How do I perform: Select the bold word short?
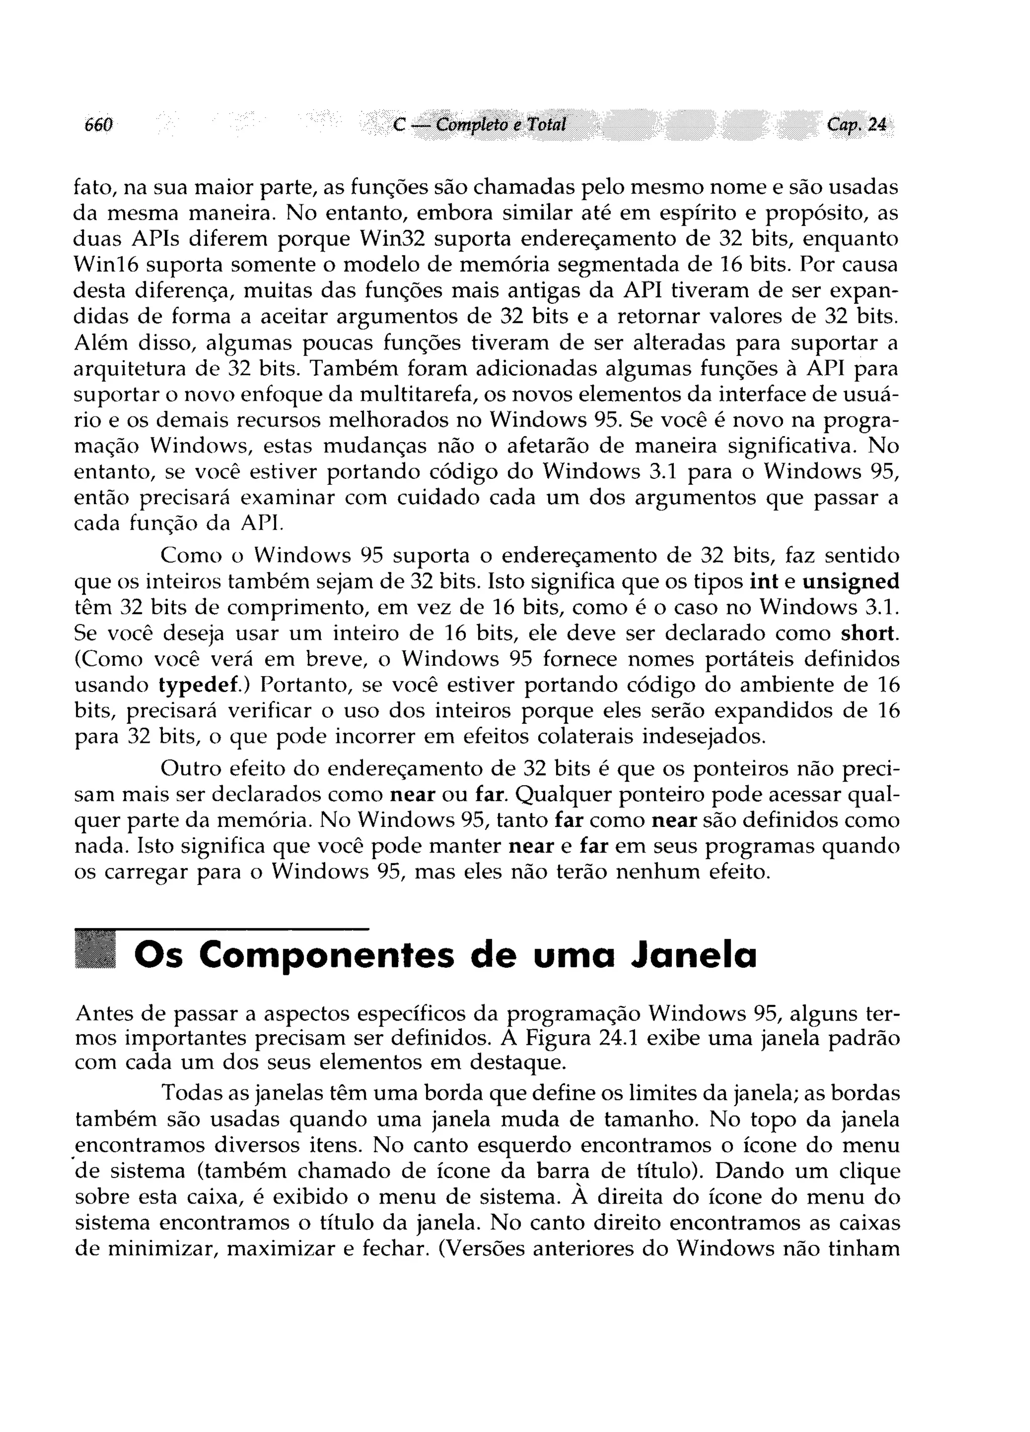(870, 633)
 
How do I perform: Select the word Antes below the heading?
(104, 1013)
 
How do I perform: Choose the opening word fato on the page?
(92, 188)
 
